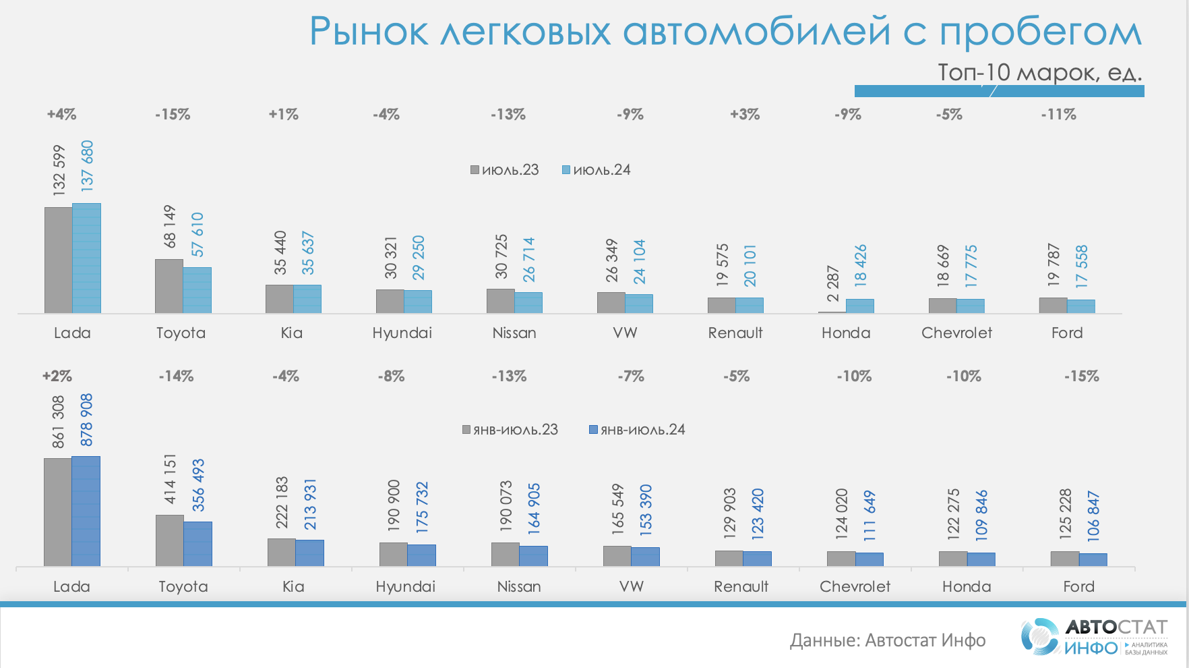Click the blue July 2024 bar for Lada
point(87,258)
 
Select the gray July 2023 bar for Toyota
point(169,286)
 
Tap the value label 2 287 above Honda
point(833,284)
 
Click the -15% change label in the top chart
point(173,115)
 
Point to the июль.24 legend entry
point(597,170)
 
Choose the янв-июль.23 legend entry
point(510,430)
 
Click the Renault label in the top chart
point(735,333)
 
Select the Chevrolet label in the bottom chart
point(855,586)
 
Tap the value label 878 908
point(86,420)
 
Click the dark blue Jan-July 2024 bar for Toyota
point(198,544)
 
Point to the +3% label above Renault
point(745,115)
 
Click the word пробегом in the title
point(1040,32)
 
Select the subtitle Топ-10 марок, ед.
point(1039,72)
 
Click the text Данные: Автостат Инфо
point(888,640)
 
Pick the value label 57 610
point(197,235)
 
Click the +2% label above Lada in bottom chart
point(57,376)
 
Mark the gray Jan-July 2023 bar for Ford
point(1065,559)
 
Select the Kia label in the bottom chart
point(293,586)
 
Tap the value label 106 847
point(1093,516)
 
